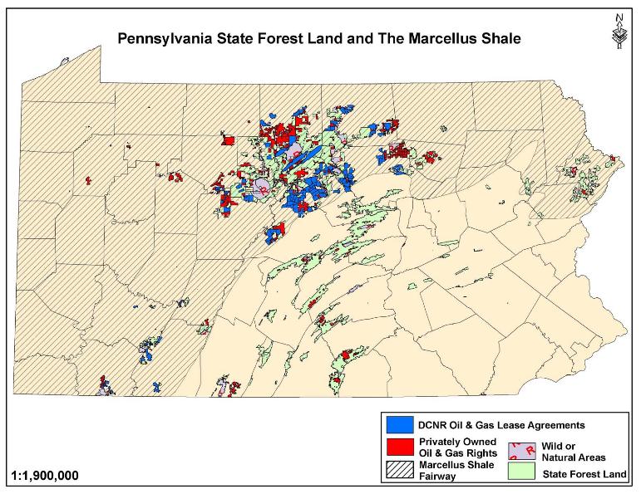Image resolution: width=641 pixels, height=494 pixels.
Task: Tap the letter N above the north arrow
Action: tap(618, 16)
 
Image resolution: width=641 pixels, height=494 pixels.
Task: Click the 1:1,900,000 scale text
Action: tap(47, 477)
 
